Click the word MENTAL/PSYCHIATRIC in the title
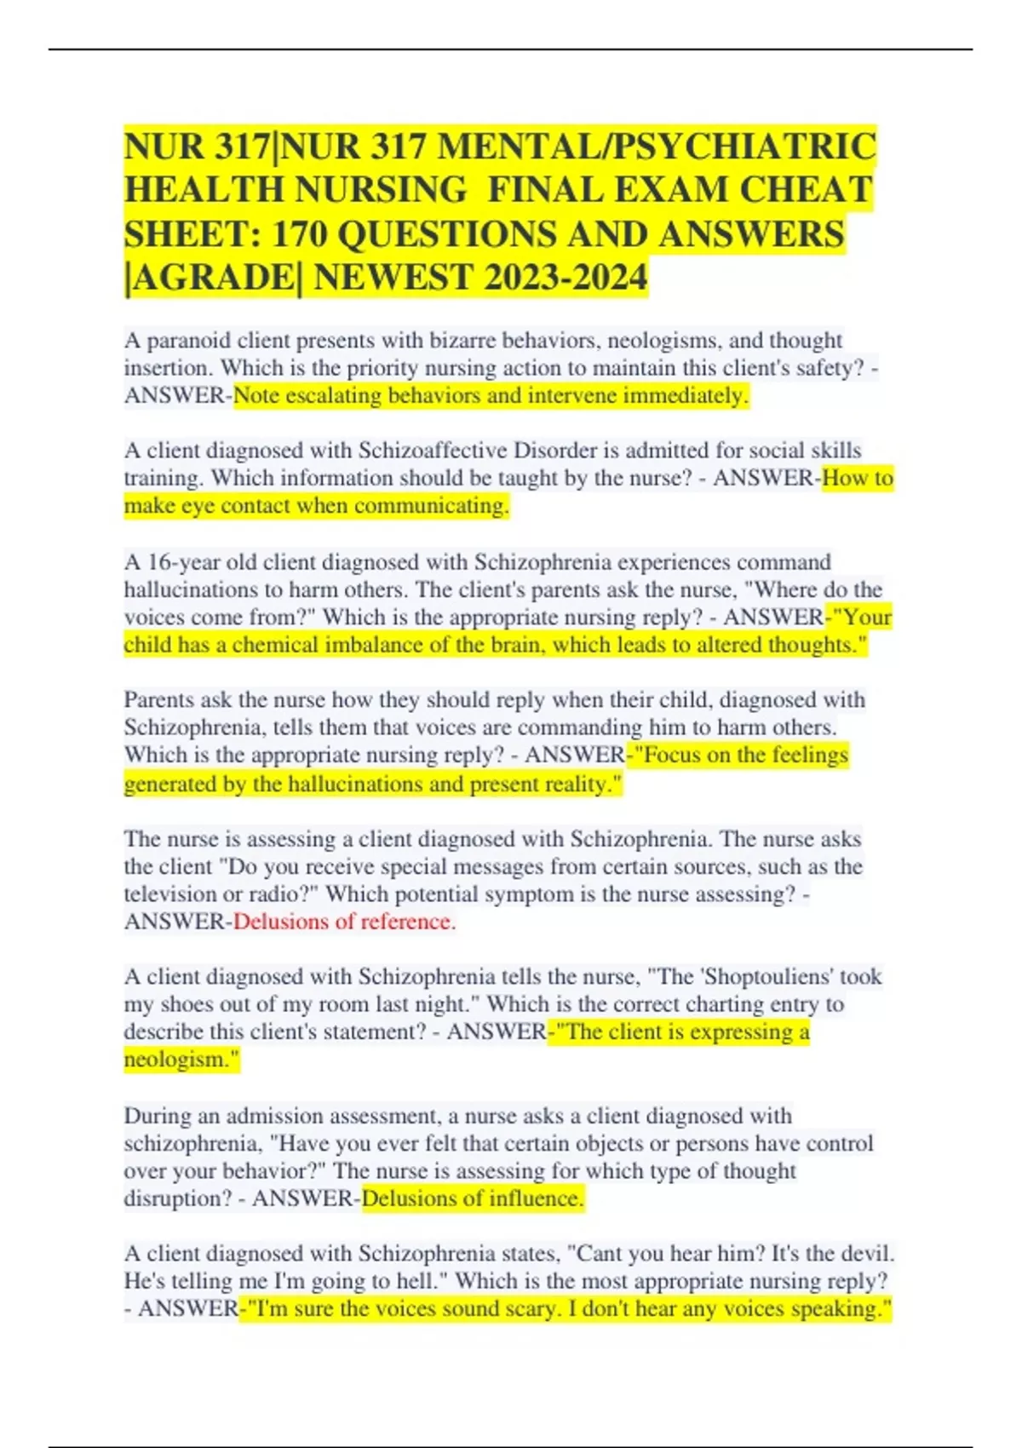[656, 147]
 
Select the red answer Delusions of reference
[344, 922]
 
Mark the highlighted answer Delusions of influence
[473, 1198]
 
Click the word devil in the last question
[865, 1254]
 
